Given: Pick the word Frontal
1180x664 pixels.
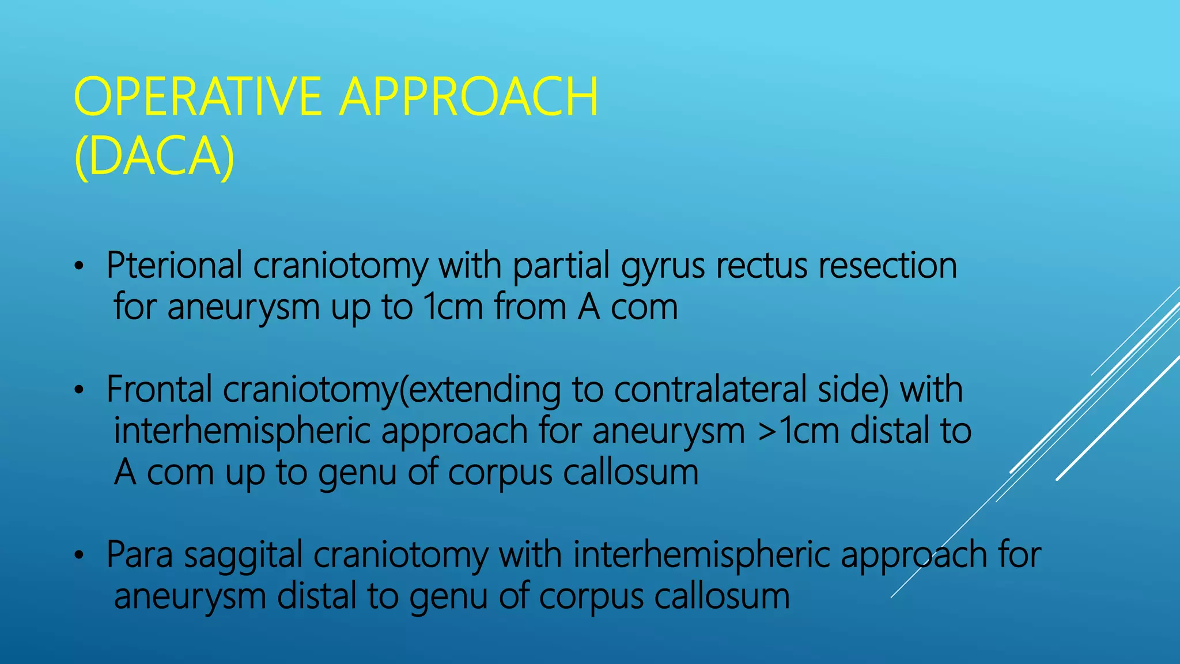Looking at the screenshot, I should (x=159, y=390).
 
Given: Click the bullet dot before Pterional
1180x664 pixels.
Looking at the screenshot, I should (x=80, y=267).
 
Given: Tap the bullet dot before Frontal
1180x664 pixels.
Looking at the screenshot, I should (x=80, y=391).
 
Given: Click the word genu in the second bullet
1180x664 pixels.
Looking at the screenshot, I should (x=357, y=473).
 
